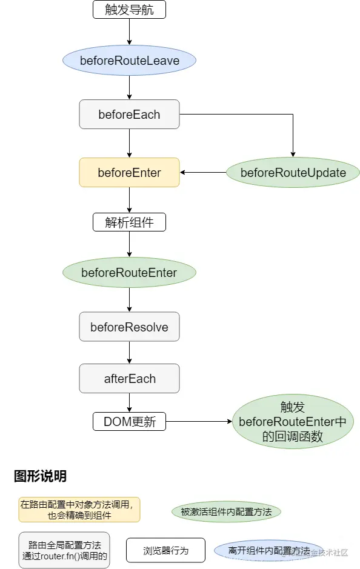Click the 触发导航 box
point(129,9)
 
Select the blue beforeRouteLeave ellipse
point(129,61)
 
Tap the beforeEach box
point(129,114)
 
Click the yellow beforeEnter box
point(129,173)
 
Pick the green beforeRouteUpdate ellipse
point(293,173)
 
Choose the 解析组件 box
point(129,222)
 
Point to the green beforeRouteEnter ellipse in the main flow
point(129,273)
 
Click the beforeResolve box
point(129,327)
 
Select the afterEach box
point(129,379)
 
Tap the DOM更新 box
point(129,422)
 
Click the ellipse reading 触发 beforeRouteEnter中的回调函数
point(293,422)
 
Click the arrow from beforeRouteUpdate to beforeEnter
point(203,173)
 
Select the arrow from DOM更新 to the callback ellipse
point(199,422)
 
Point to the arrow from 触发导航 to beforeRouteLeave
point(129,33)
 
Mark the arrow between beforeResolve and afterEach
point(129,353)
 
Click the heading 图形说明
point(40,476)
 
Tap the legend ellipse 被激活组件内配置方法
point(226,512)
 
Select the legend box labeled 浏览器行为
point(165,550)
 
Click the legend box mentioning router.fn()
point(64,550)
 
